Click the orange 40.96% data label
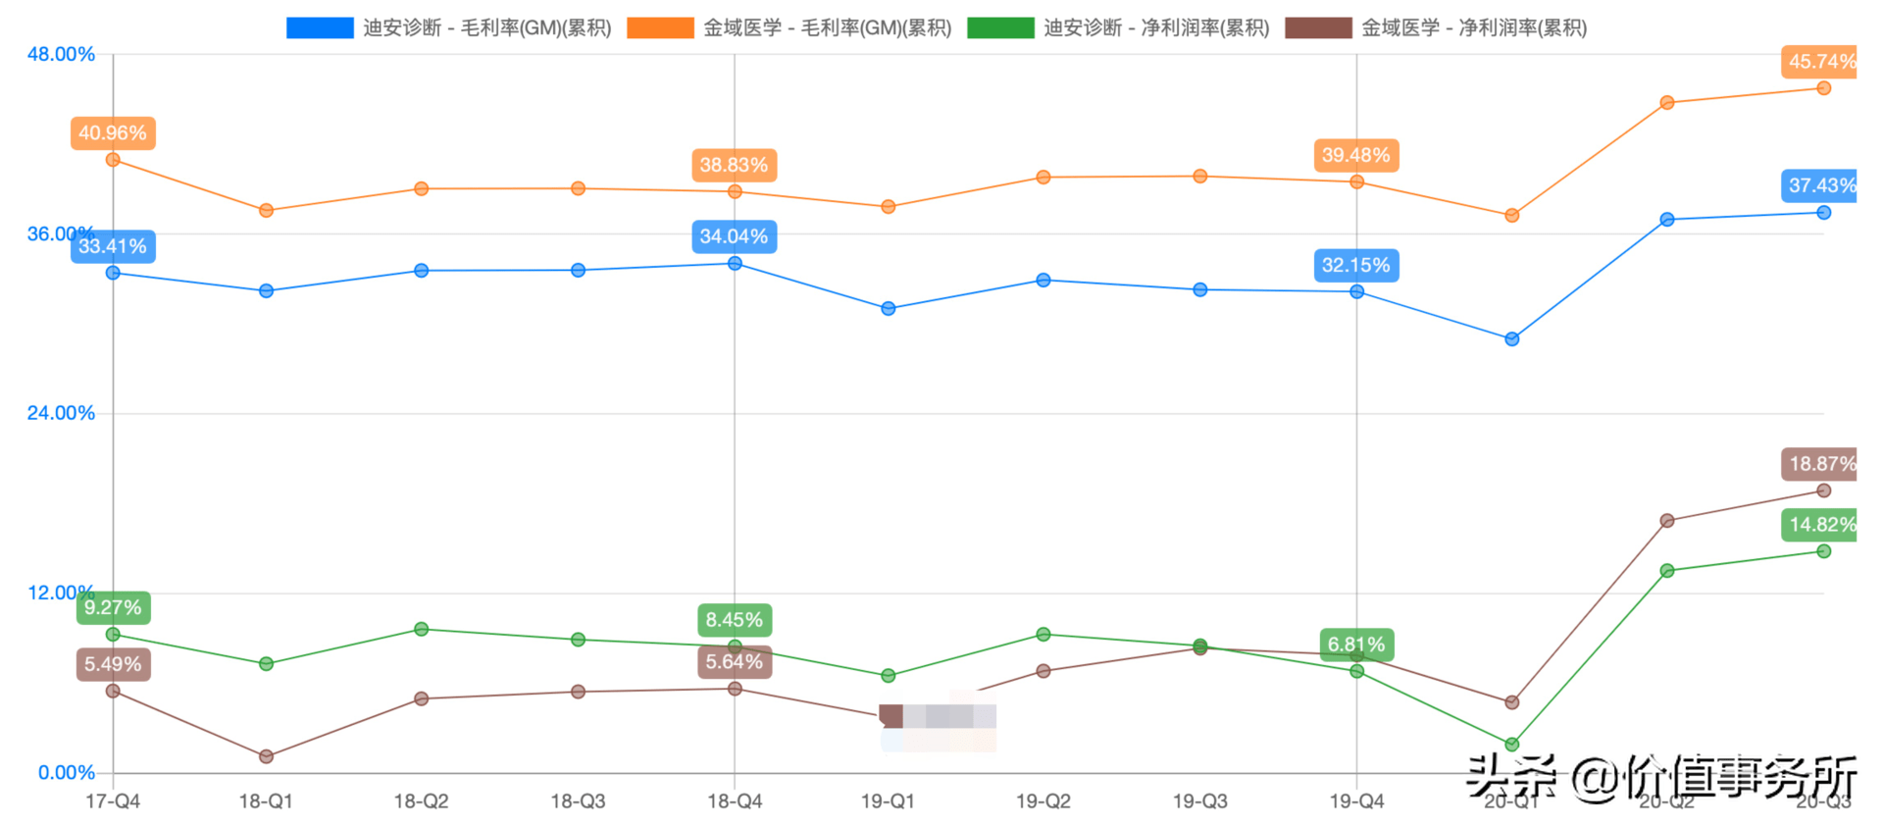113,133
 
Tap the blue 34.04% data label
734,236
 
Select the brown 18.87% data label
1821,464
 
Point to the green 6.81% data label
1356,645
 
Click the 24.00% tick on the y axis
61,413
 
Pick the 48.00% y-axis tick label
61,54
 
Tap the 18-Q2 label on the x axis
421,801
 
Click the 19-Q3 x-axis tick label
1199,801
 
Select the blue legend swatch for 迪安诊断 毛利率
320,27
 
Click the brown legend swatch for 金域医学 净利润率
1318,27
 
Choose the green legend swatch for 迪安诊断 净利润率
1000,27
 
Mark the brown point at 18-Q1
266,756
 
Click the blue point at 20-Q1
1511,339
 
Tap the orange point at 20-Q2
1667,103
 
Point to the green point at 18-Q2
421,629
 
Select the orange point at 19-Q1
888,207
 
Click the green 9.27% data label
113,607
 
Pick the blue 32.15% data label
1356,265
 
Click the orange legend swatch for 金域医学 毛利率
660,27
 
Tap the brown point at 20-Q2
1667,521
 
